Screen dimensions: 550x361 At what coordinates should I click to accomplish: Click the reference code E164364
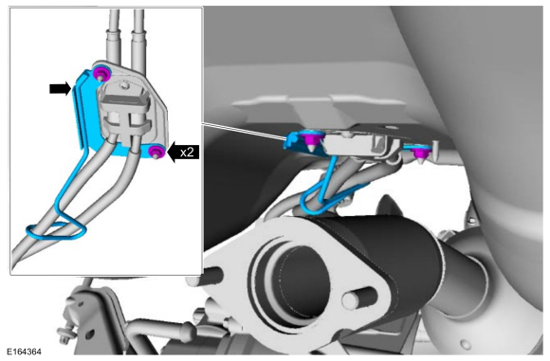click(x=24, y=352)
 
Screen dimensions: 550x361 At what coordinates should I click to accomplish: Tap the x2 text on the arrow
click(x=187, y=153)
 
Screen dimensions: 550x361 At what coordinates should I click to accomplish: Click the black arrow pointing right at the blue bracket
click(x=60, y=89)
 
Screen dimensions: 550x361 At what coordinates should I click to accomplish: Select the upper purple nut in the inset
click(x=102, y=74)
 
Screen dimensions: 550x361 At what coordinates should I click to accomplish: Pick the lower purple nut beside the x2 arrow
click(x=156, y=152)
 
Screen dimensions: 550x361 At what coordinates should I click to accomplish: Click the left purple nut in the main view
click(x=311, y=141)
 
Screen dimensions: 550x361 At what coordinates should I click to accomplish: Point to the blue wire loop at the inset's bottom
click(x=56, y=230)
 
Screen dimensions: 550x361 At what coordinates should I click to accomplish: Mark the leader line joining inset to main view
click(x=245, y=132)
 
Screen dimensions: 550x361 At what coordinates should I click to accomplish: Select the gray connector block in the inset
click(x=125, y=112)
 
